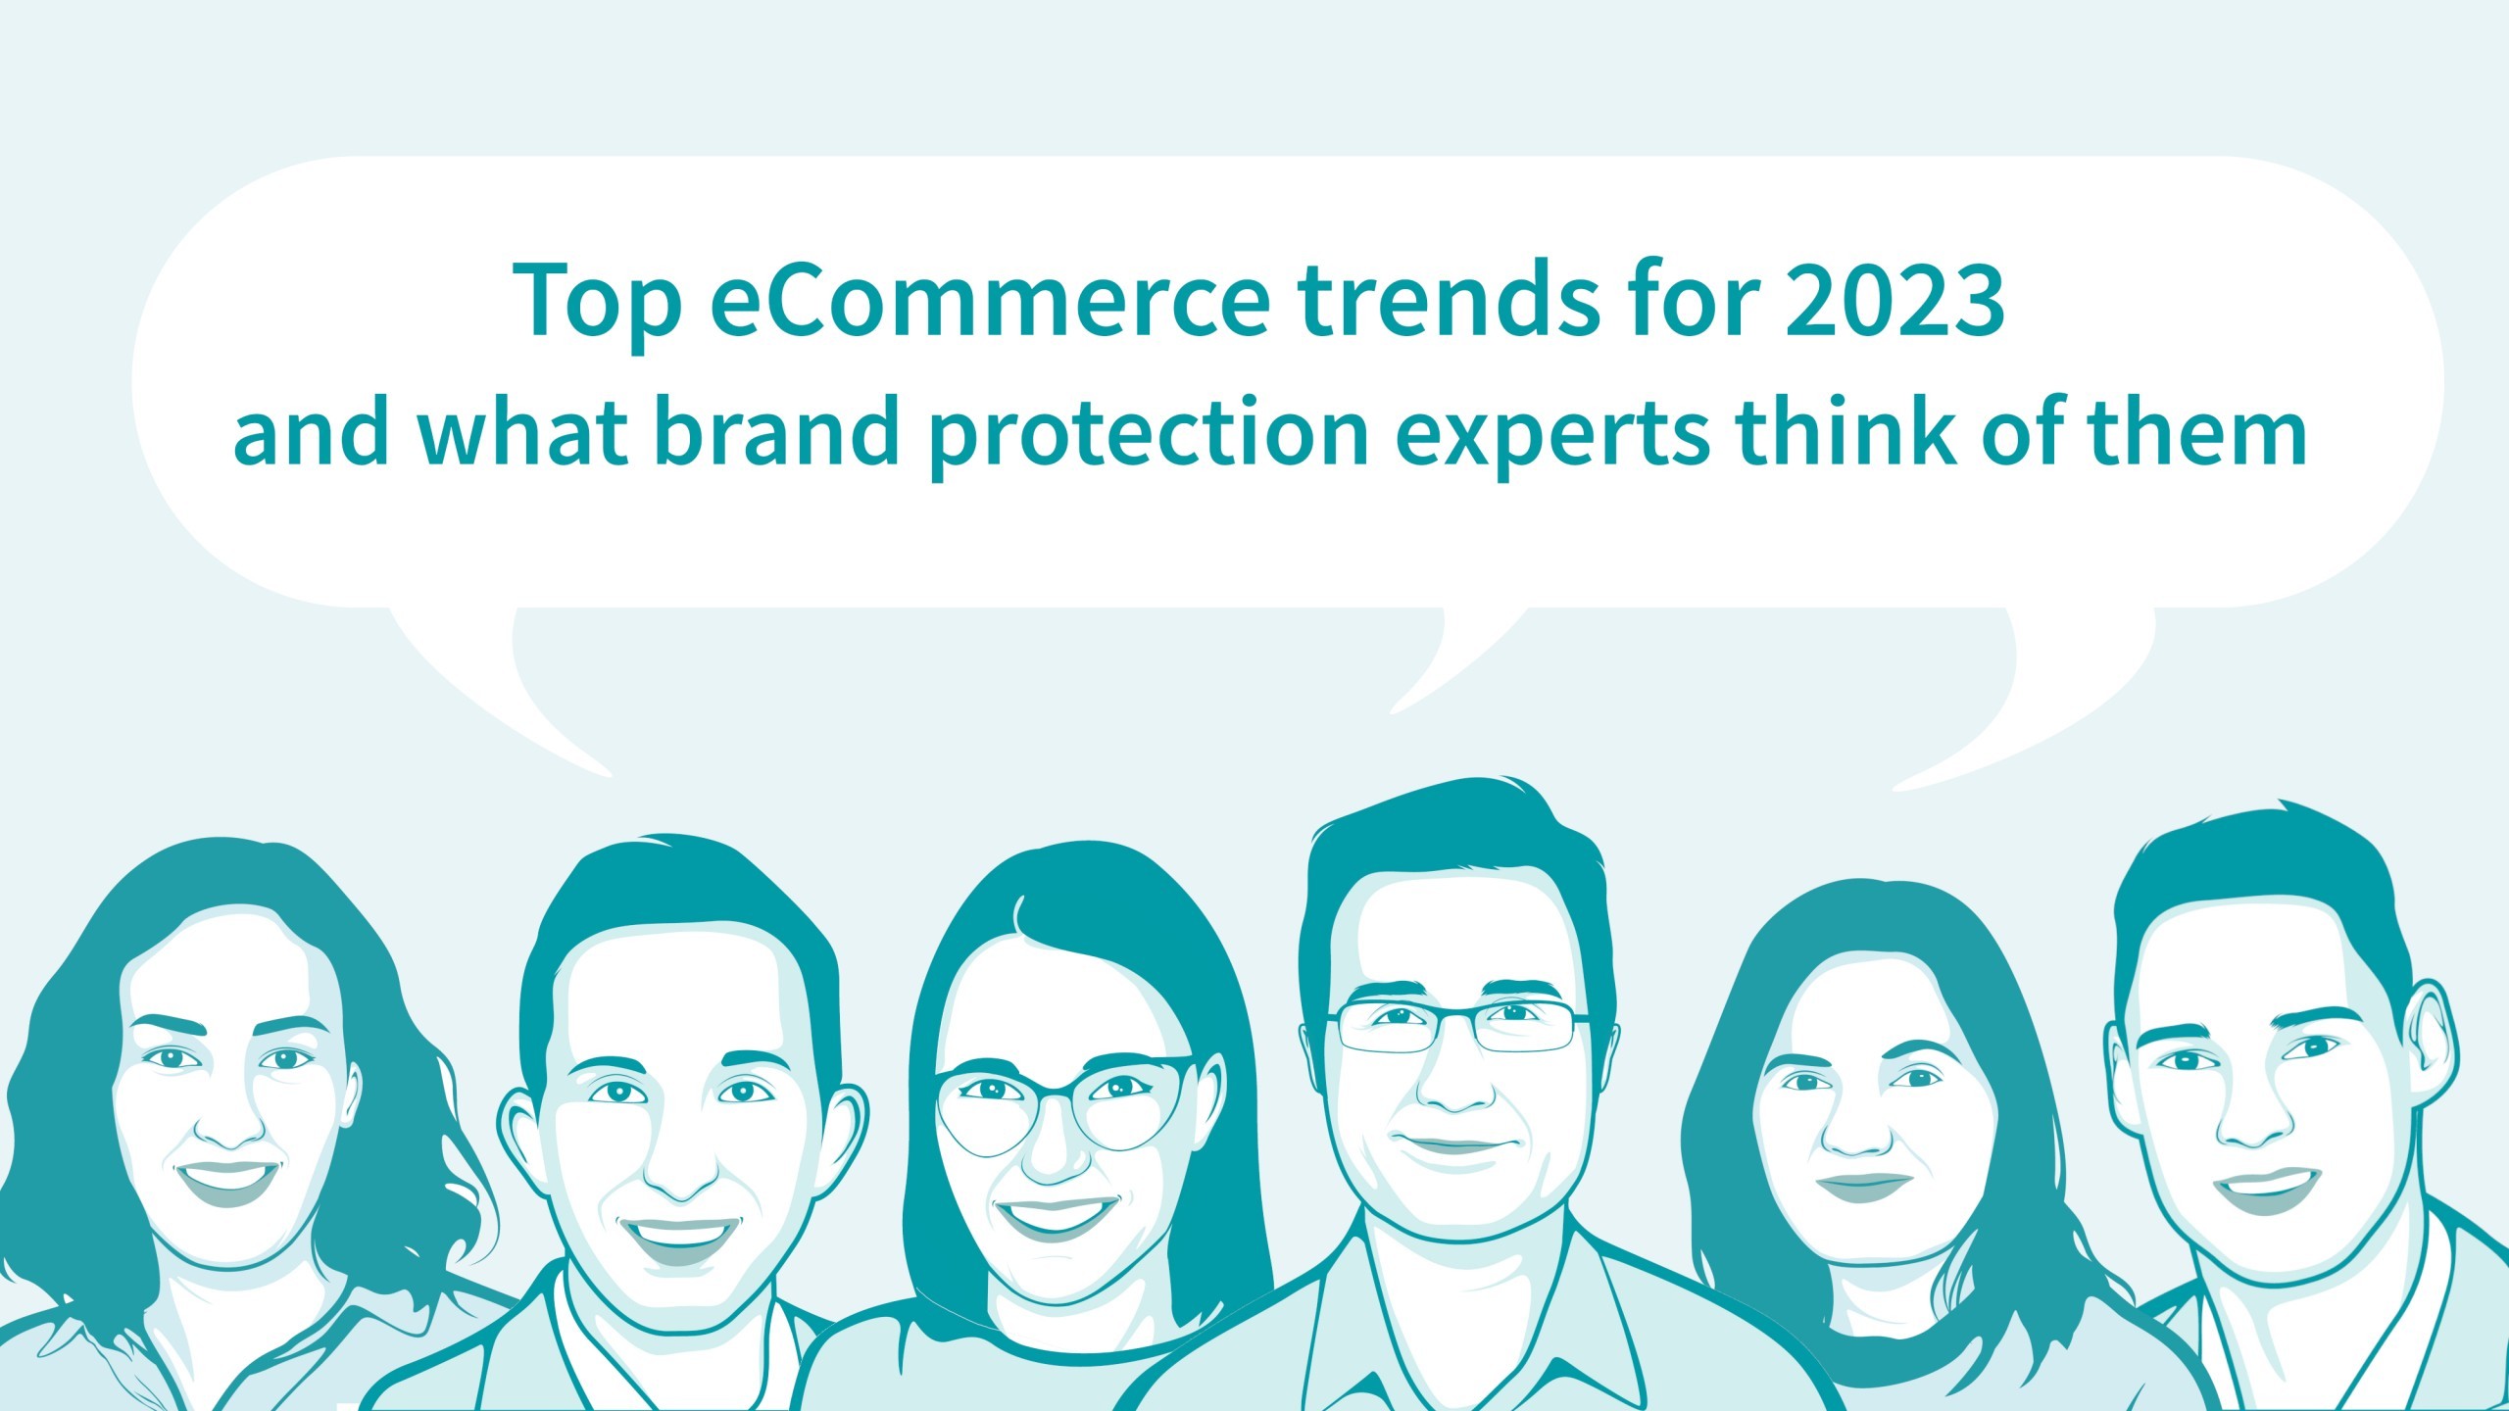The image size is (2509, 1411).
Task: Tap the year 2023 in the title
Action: [x=1894, y=300]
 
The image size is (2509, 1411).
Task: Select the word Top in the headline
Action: [x=597, y=304]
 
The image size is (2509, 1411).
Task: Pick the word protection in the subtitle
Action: [x=1148, y=437]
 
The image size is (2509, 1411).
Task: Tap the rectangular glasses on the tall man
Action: [x=1459, y=1026]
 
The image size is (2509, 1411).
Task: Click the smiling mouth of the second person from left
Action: [x=679, y=1238]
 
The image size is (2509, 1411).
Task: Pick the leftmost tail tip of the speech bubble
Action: [x=610, y=777]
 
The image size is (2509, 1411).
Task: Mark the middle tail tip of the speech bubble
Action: [x=1391, y=712]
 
